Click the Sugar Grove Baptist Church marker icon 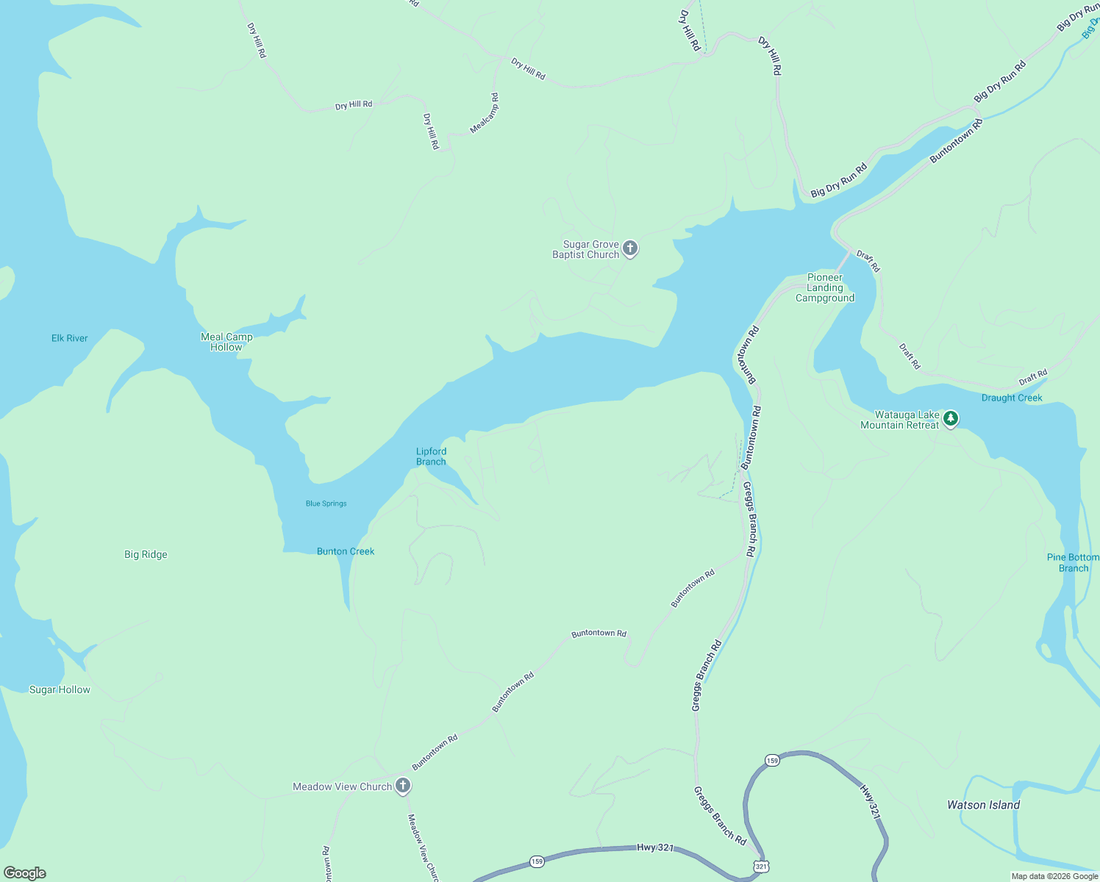point(629,248)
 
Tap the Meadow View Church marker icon point(402,786)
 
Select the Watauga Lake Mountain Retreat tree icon point(951,419)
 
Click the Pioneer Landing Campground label point(825,287)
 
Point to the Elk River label point(70,338)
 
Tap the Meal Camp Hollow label point(226,342)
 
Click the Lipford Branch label point(431,456)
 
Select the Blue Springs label point(326,503)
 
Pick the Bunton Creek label point(346,551)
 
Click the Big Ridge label point(146,554)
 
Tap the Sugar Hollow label point(60,689)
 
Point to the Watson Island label point(983,805)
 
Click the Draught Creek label point(1012,398)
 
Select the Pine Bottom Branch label point(1073,562)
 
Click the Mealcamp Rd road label point(485,112)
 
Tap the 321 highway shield point(761,867)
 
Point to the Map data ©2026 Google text point(1054,876)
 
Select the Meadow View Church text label point(342,786)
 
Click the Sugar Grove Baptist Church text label point(586,249)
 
